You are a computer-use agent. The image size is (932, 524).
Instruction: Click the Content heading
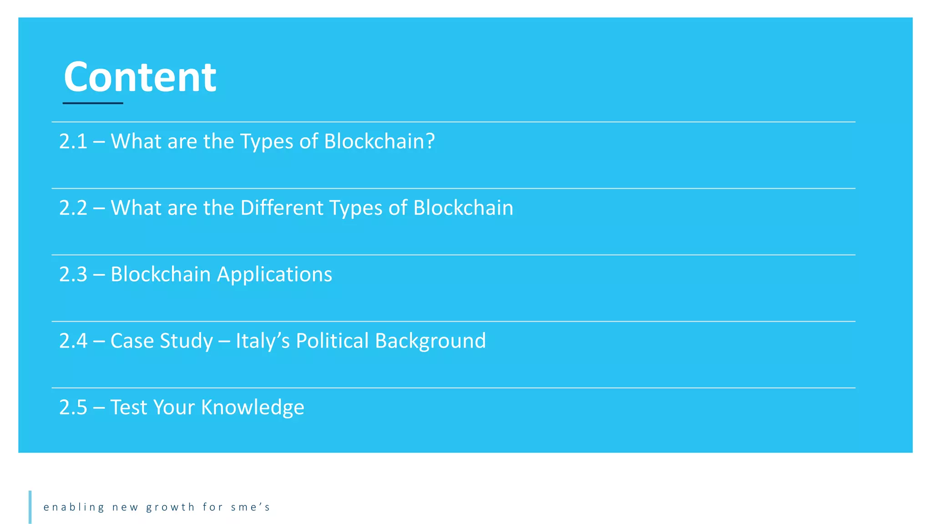tap(140, 77)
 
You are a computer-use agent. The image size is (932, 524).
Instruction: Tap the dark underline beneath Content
tap(93, 103)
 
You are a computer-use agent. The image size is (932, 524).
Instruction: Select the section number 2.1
tap(73, 141)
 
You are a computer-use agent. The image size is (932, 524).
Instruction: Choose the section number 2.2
tap(73, 208)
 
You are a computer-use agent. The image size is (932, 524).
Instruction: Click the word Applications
tap(274, 275)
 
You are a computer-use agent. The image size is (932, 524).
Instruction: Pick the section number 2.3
tap(73, 274)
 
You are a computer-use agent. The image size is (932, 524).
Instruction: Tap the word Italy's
tap(263, 341)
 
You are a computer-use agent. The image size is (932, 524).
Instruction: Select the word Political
tap(332, 341)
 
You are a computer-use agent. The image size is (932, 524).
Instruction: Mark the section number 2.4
tap(73, 341)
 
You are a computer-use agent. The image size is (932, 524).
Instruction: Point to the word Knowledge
tap(253, 408)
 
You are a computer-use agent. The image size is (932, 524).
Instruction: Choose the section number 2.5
tap(73, 407)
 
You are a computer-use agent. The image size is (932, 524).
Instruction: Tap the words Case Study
tap(162, 341)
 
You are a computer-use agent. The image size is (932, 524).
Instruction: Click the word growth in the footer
tap(170, 507)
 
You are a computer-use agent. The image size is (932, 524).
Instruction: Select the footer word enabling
tap(74, 507)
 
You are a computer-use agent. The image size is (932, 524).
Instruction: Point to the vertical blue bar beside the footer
tap(30, 507)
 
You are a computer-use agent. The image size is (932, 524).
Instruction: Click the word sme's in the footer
tap(250, 507)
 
